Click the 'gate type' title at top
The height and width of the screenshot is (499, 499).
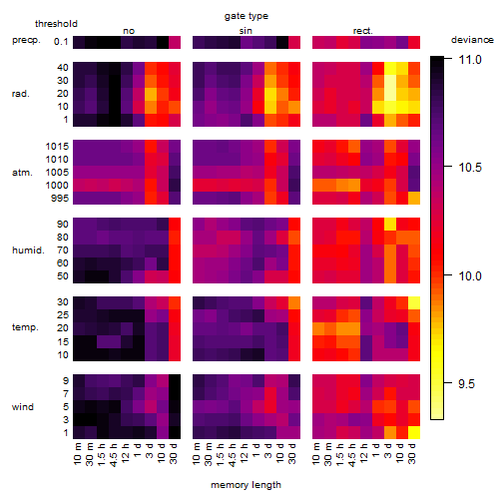[247, 16]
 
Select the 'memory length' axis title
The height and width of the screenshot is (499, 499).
[246, 485]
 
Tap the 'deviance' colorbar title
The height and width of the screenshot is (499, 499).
[472, 40]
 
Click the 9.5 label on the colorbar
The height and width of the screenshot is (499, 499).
[466, 384]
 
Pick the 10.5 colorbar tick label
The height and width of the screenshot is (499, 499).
[470, 168]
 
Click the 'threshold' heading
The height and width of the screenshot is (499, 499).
[56, 24]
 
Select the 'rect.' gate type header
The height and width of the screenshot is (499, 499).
[362, 31]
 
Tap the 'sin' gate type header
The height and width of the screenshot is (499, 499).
[246, 31]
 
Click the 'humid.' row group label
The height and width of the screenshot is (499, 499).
[28, 250]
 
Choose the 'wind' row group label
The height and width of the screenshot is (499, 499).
[23, 407]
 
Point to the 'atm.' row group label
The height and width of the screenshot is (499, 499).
[22, 173]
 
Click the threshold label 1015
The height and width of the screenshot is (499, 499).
[57, 147]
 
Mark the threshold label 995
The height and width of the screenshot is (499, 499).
[60, 199]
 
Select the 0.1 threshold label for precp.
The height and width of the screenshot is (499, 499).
[61, 42]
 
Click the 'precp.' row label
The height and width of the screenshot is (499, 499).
[26, 41]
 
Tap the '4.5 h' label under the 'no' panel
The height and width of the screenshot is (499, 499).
[114, 455]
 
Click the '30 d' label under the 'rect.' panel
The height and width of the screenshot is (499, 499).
[412, 453]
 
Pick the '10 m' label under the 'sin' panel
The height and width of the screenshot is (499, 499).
[198, 454]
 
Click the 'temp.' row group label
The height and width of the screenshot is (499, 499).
[25, 327]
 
